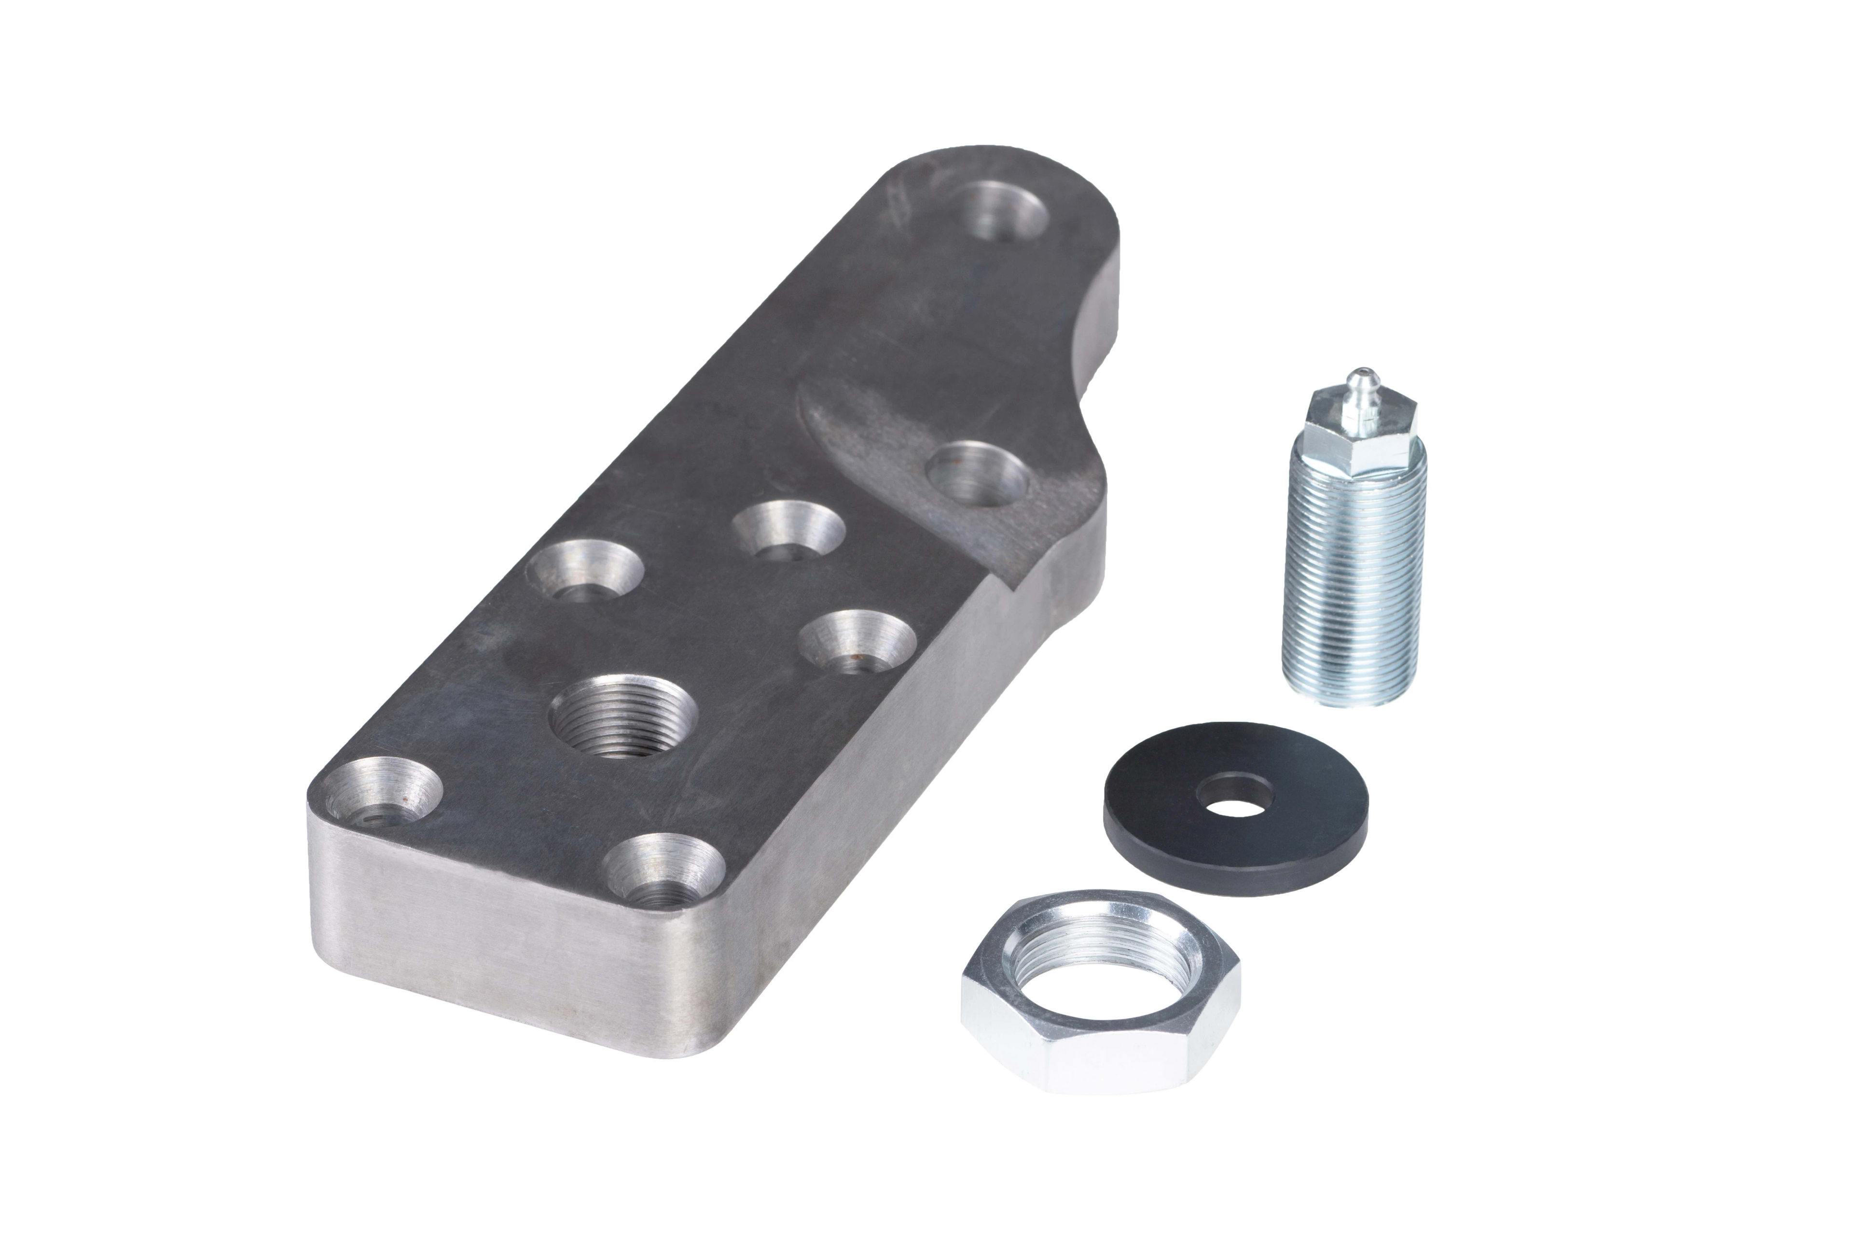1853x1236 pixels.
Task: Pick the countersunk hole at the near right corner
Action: coord(666,871)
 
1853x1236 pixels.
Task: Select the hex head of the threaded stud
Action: coord(1355,434)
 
